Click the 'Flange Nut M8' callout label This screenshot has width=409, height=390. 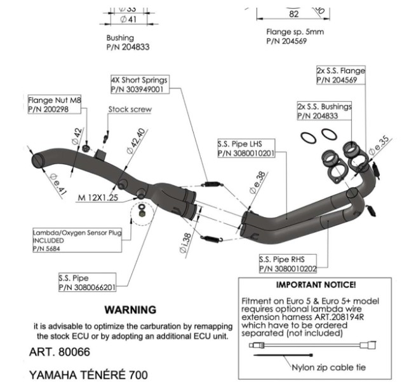[55, 105]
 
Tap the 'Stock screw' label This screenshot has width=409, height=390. [130, 109]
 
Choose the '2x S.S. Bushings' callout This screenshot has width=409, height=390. [323, 111]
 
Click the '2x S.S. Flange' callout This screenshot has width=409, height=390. [340, 76]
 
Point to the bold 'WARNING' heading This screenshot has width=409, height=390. [130, 310]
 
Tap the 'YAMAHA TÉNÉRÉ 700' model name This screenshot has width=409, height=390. [88, 373]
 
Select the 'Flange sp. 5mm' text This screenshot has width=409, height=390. [294, 31]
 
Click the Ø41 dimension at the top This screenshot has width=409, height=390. [128, 20]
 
